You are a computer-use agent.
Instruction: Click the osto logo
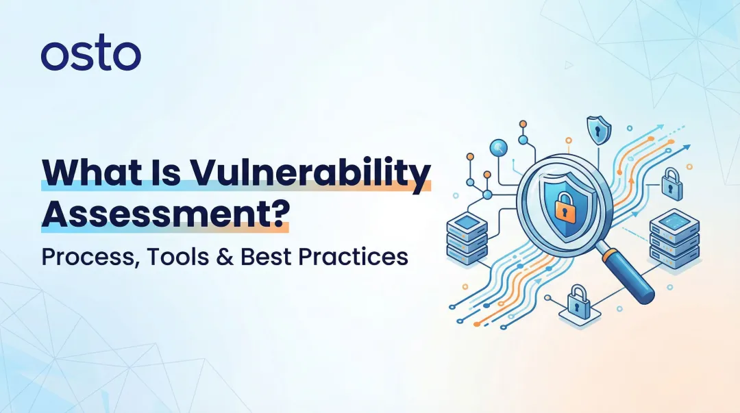(90, 55)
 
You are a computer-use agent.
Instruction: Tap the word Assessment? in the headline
(165, 213)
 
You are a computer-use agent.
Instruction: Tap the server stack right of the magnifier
(674, 237)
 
